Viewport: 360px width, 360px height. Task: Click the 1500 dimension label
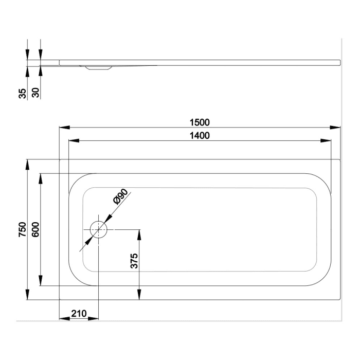(200, 122)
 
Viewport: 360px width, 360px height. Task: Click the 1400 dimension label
(200, 135)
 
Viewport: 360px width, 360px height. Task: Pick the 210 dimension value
(79, 314)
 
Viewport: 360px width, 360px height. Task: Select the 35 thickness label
(22, 93)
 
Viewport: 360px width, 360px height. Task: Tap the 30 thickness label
(35, 93)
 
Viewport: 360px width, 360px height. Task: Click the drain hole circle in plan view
(98, 229)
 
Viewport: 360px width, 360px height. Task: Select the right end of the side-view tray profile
(339, 62)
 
